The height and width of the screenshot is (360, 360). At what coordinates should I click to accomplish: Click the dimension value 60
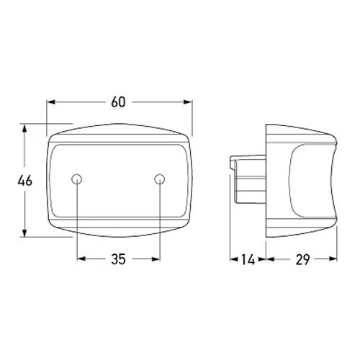coord(118,102)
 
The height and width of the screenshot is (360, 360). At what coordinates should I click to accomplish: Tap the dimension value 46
coord(24,181)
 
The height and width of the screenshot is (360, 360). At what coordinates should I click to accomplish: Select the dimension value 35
coord(118,259)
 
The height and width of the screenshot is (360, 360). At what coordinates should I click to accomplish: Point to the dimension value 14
coord(248,259)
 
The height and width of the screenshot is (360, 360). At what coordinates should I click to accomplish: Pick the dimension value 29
coord(302,259)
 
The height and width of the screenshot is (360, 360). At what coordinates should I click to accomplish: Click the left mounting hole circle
coord(77,179)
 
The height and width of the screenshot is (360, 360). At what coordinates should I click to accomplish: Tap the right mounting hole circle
coord(160,179)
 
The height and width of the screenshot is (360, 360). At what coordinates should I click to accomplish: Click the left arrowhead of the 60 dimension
coord(51,102)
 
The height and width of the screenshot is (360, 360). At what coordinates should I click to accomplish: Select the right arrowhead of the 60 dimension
coord(188,102)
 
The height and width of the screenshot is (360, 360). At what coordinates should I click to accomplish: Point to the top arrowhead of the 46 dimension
coord(24,128)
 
